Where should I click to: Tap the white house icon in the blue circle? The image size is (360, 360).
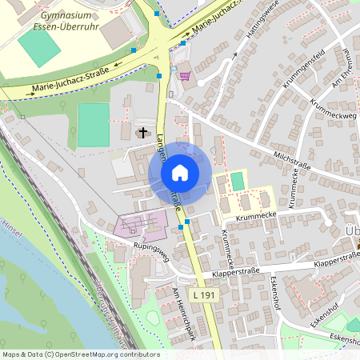180,173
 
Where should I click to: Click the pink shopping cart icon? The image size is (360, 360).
186,77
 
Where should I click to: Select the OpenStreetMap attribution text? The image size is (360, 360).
80,354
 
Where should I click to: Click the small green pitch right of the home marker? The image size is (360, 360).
237,181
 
